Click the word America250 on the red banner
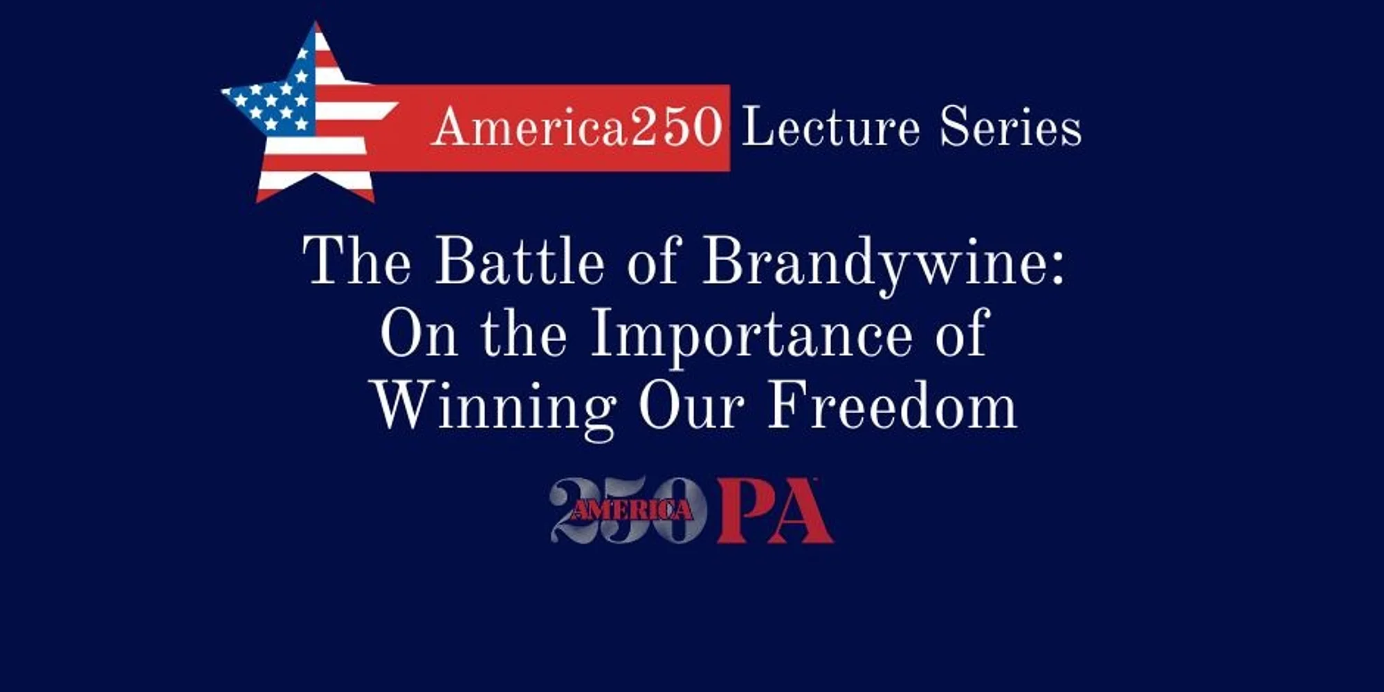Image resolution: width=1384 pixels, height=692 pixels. click(x=577, y=127)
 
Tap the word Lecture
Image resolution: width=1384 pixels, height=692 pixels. click(x=831, y=127)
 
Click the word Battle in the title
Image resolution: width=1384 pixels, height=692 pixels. click(x=520, y=262)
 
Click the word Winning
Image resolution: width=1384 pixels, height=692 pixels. click(x=495, y=410)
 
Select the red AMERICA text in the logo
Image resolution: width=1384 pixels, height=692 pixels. click(x=631, y=510)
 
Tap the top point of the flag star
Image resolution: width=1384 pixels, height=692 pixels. click(x=316, y=23)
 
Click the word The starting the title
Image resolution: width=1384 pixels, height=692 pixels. click(x=358, y=262)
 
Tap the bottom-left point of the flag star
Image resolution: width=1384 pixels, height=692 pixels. click(x=258, y=200)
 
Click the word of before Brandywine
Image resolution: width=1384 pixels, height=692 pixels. click(x=655, y=262)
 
